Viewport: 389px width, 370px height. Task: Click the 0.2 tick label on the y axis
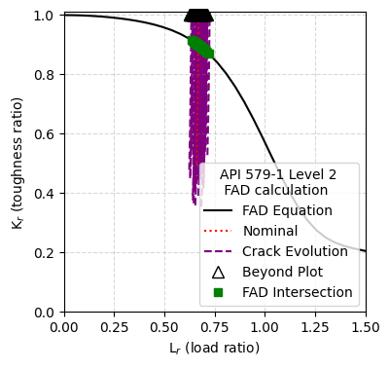pyautogui.click(x=45, y=253)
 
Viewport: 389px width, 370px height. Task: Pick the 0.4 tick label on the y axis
pyautogui.click(x=45, y=194)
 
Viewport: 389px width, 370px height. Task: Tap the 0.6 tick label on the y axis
pyautogui.click(x=45, y=134)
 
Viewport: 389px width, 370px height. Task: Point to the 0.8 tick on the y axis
pyautogui.click(x=45, y=75)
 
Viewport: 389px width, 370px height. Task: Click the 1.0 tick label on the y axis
pyautogui.click(x=45, y=16)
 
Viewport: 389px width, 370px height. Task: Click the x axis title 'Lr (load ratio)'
pyautogui.click(x=215, y=348)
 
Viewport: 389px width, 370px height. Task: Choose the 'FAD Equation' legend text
pyautogui.click(x=286, y=211)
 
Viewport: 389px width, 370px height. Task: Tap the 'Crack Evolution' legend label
pyautogui.click(x=295, y=251)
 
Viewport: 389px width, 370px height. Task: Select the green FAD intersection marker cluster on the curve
pyautogui.click(x=199, y=45)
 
